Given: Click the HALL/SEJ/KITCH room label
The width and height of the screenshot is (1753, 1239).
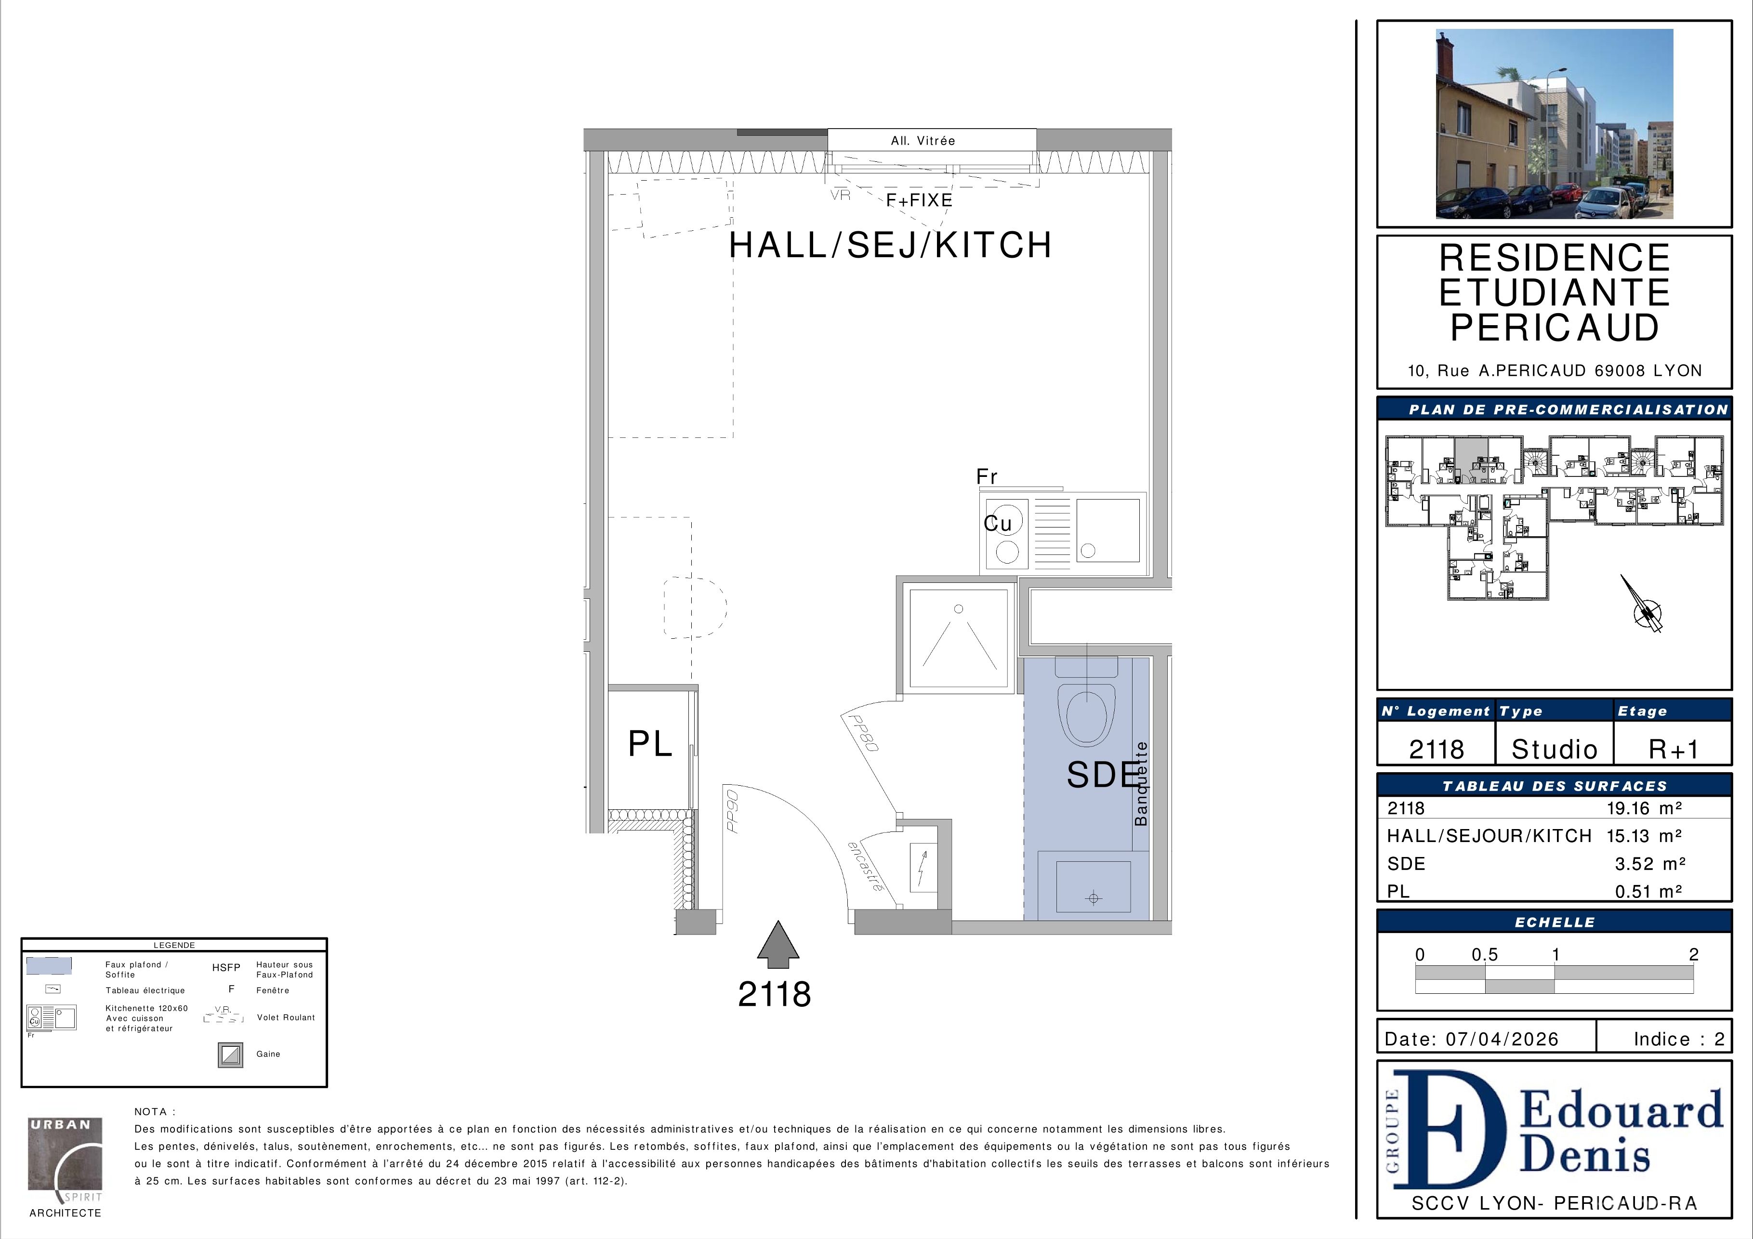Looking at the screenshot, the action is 890,245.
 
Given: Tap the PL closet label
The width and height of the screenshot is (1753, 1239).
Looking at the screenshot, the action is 650,744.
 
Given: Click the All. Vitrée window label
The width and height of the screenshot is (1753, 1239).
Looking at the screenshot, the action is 923,141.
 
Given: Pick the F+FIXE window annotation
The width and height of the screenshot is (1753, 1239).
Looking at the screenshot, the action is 919,200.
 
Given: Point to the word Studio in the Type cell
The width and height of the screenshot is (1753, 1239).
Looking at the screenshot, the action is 1555,749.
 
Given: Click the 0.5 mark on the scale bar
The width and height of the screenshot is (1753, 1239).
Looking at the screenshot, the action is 1485,954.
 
